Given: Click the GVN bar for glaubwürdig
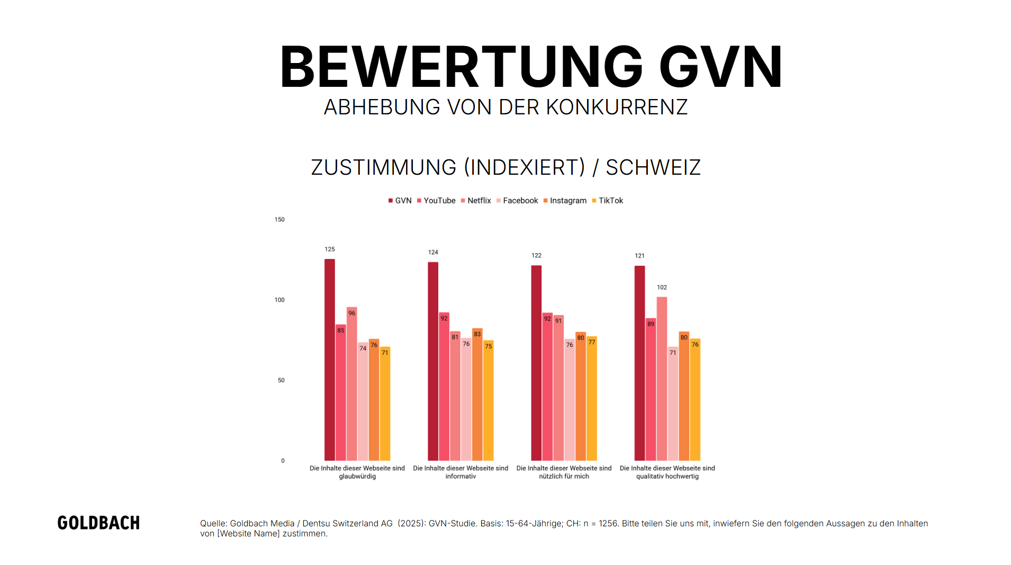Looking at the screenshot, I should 329,360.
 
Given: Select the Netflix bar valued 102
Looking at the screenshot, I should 662,379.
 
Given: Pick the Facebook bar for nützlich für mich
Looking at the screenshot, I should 569,400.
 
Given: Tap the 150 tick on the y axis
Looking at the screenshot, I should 279,220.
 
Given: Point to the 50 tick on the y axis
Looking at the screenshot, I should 281,381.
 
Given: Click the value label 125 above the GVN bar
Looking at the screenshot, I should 329,249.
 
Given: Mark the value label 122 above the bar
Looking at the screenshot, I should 536,256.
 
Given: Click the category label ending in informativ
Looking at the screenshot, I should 461,472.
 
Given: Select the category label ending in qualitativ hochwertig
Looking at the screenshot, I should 667,472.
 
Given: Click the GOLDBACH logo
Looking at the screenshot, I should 98,523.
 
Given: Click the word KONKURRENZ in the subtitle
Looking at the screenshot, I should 617,107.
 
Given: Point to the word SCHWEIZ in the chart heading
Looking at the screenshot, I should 653,168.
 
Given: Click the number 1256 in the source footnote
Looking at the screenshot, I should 608,524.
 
